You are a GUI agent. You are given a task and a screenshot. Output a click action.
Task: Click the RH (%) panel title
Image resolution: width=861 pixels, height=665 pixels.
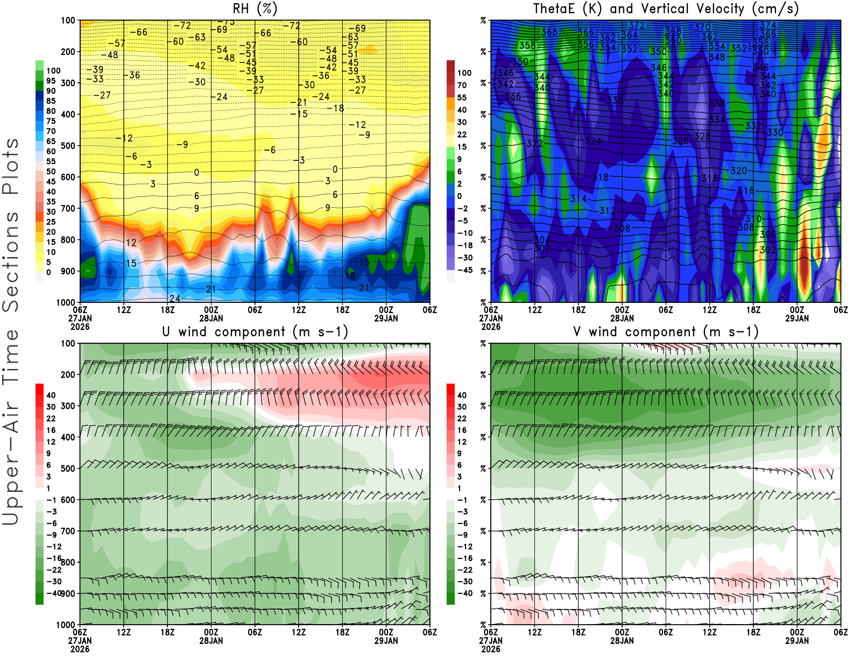(255, 9)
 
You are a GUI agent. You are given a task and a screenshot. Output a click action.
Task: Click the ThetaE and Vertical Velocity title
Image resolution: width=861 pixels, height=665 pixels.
(666, 9)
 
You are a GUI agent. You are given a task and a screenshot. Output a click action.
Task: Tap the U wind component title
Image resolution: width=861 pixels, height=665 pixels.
(255, 331)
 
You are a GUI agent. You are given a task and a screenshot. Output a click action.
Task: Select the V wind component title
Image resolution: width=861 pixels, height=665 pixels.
(666, 331)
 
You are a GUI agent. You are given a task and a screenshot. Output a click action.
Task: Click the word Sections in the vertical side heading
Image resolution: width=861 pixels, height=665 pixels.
(11, 261)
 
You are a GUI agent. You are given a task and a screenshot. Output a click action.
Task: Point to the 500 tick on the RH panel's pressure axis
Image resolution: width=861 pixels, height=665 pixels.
(68, 146)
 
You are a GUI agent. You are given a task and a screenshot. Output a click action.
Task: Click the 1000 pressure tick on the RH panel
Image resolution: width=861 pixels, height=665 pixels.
(66, 302)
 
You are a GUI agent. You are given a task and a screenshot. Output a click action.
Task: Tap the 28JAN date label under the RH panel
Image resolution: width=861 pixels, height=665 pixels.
(211, 318)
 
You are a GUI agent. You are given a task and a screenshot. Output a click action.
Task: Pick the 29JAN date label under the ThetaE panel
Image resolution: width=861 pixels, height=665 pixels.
(797, 318)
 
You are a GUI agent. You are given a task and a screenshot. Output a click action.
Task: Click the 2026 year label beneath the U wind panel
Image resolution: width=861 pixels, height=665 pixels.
(80, 649)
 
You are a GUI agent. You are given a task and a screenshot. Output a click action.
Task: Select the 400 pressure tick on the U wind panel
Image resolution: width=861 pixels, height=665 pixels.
(68, 437)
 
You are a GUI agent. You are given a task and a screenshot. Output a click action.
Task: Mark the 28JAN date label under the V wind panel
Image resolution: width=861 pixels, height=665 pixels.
(622, 641)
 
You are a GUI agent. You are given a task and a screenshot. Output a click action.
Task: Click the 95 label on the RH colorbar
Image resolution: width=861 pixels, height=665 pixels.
(51, 81)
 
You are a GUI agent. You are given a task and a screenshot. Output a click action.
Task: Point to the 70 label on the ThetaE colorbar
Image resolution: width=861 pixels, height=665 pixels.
(462, 85)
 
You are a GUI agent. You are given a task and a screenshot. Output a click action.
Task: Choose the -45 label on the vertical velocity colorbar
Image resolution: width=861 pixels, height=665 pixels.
(464, 270)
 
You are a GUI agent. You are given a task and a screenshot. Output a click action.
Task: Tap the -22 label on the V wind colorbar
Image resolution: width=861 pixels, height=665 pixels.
(464, 570)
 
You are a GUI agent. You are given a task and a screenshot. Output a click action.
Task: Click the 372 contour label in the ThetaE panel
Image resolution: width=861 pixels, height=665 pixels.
(637, 25)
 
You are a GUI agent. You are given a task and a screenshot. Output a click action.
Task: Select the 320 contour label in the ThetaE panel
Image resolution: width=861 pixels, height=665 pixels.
(738, 171)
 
